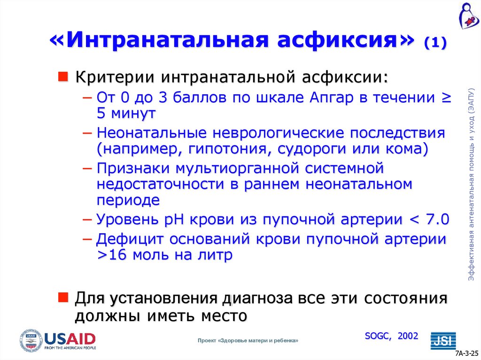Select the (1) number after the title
tap(435, 44)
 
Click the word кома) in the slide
tap(407, 150)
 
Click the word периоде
tap(128, 200)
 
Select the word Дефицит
tap(126, 238)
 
